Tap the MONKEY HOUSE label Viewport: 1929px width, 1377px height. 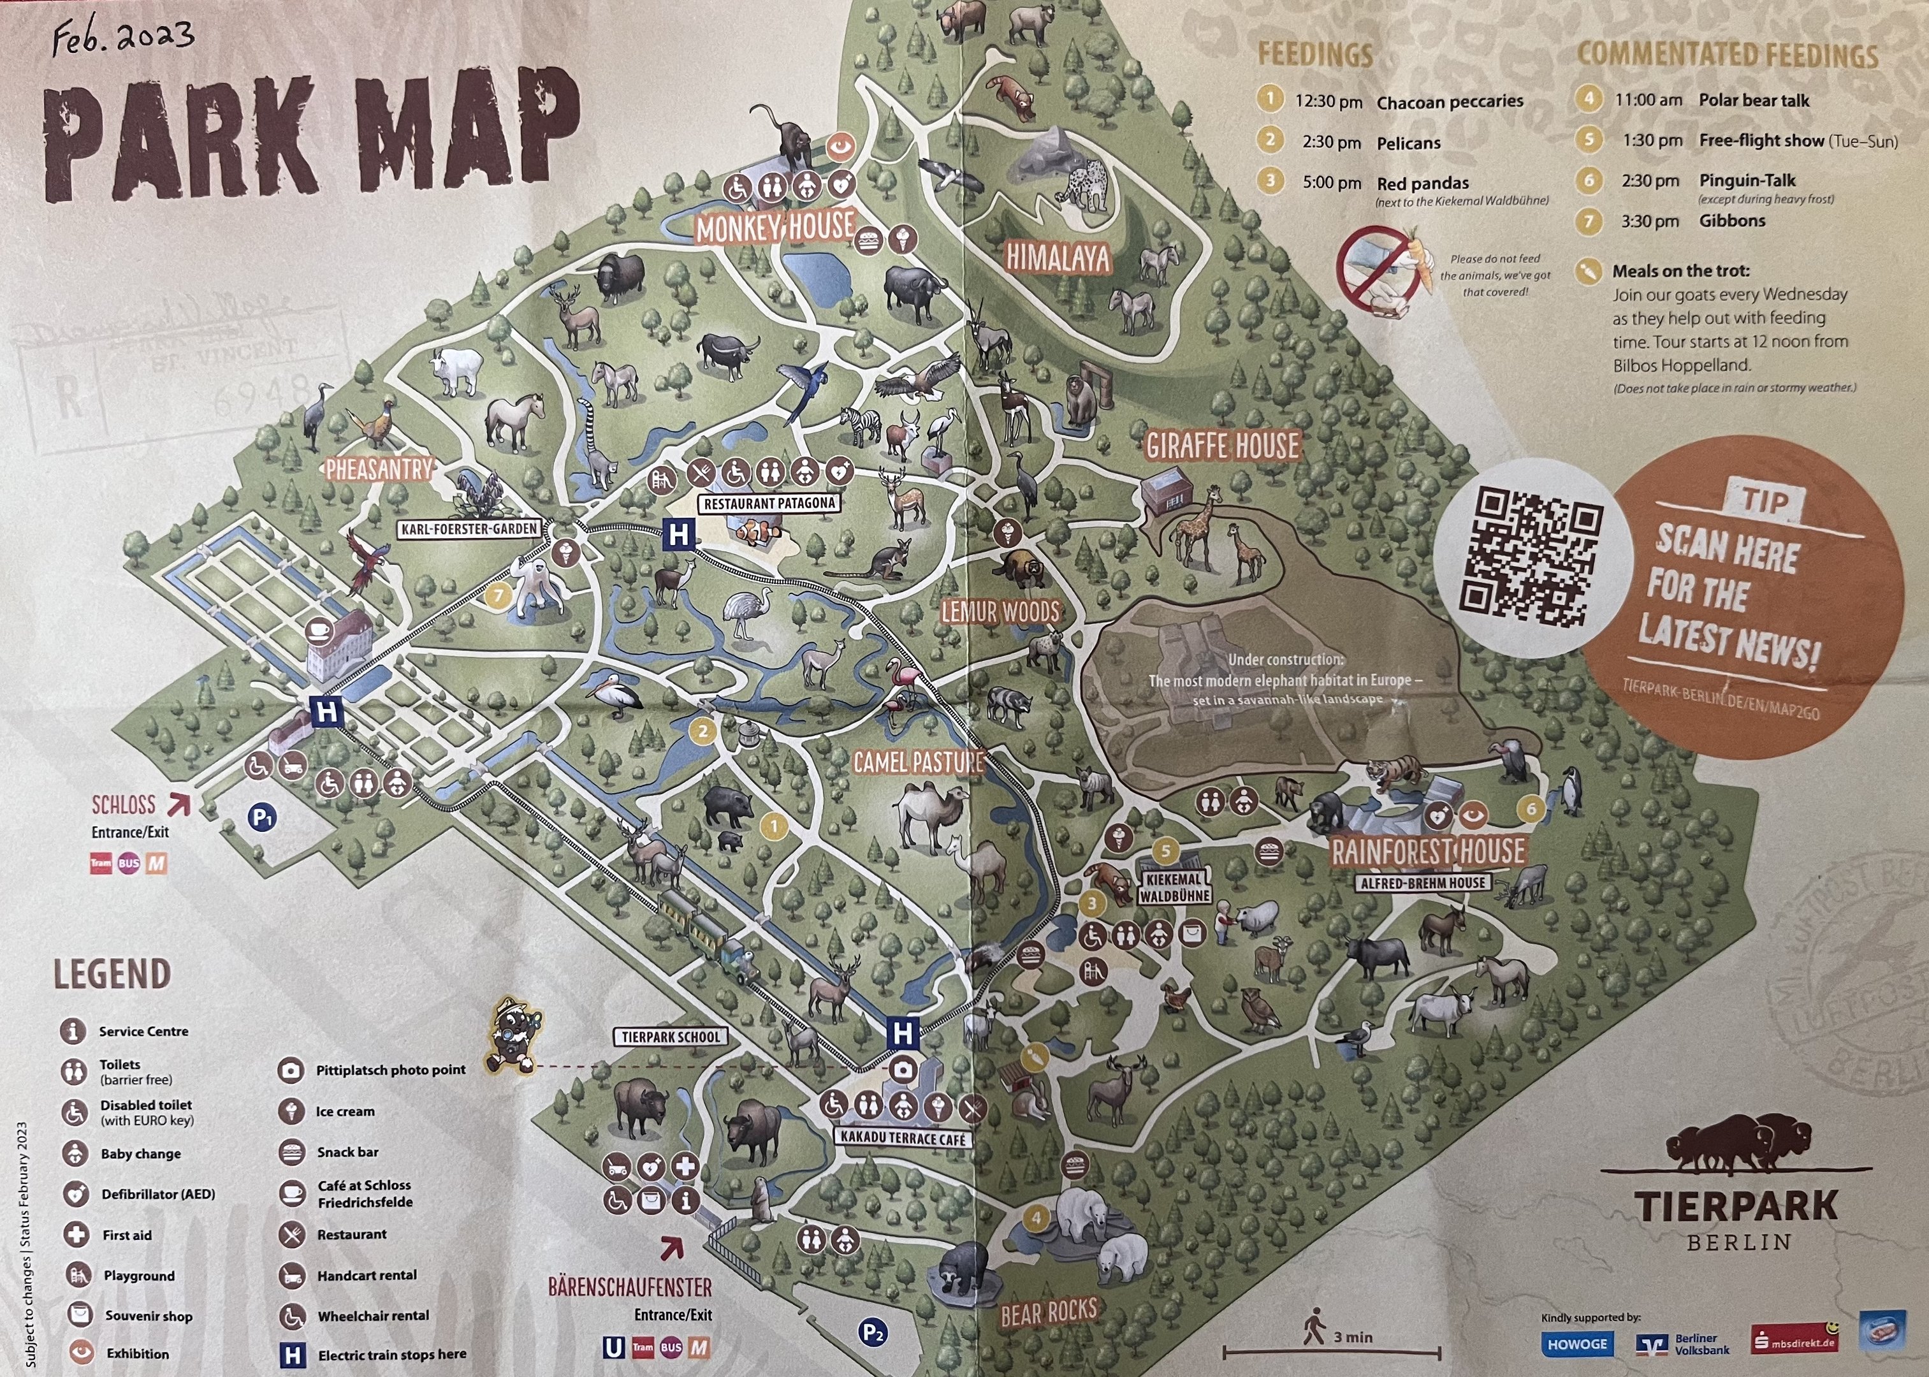coord(775,227)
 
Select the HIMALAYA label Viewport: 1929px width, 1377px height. coord(1058,257)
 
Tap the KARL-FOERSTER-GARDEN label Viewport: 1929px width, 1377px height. coord(469,529)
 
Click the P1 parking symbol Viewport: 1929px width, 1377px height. coord(262,818)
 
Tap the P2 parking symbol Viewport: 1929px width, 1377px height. coord(873,1332)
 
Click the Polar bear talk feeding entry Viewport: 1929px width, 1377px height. coord(1754,100)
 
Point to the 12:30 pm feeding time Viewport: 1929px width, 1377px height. coord(1328,102)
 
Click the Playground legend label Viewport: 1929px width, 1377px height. coord(139,1275)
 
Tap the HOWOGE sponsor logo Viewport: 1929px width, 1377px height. coord(1577,1344)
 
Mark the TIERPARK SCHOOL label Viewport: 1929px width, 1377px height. coord(670,1036)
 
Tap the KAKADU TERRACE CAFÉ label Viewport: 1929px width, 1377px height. coord(903,1139)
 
